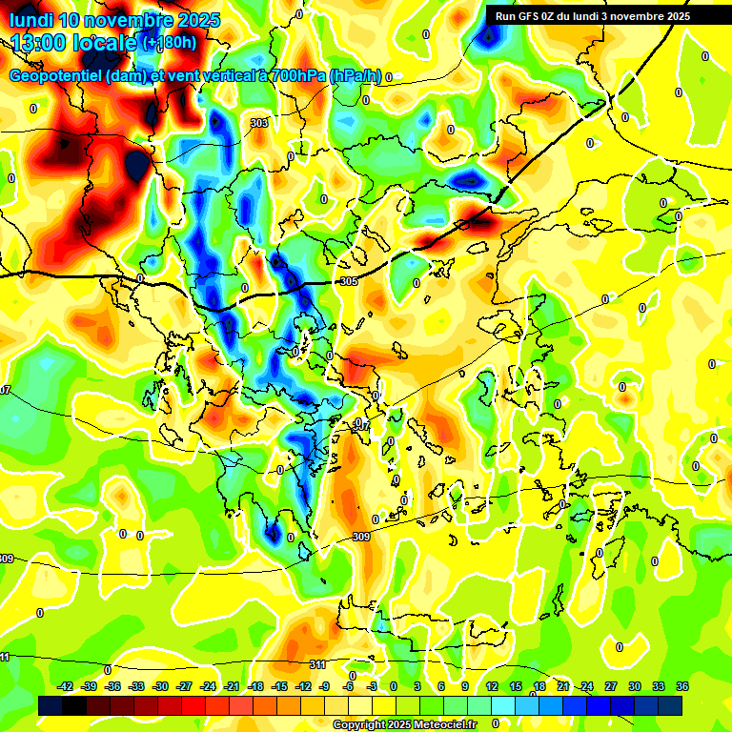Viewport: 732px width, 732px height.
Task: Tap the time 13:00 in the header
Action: tap(38, 43)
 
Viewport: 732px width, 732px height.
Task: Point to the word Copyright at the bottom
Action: tap(358, 725)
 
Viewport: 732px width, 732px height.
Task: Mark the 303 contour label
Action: tap(259, 123)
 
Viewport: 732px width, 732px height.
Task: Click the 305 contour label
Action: tap(348, 281)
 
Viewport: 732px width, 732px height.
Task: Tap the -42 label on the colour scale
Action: tap(66, 686)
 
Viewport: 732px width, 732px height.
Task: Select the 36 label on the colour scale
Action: tap(682, 686)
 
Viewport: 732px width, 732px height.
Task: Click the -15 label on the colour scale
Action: tap(279, 686)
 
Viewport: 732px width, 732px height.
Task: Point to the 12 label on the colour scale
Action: tap(492, 686)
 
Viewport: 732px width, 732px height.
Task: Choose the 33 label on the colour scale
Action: tap(659, 686)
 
